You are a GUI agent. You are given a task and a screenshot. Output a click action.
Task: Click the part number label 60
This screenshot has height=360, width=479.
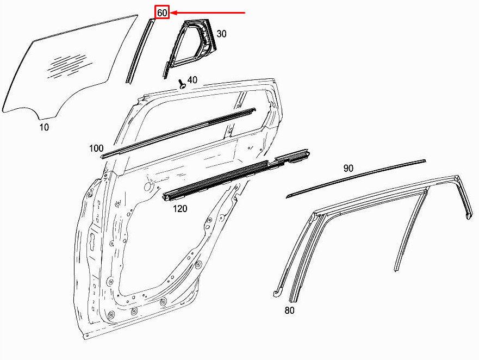[162, 13]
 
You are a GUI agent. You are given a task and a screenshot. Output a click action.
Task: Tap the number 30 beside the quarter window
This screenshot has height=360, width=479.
[221, 34]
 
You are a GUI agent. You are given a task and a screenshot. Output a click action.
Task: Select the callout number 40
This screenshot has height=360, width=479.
[192, 80]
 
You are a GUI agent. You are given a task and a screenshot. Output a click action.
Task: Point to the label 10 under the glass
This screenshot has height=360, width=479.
[44, 127]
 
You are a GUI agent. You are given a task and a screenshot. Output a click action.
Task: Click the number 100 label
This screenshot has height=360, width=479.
[96, 148]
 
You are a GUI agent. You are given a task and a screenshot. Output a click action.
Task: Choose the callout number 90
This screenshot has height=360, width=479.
[349, 169]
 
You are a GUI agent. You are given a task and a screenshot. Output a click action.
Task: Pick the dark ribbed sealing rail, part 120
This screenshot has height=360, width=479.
[228, 174]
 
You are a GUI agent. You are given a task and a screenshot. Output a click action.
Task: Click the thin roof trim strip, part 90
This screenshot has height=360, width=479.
[356, 177]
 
